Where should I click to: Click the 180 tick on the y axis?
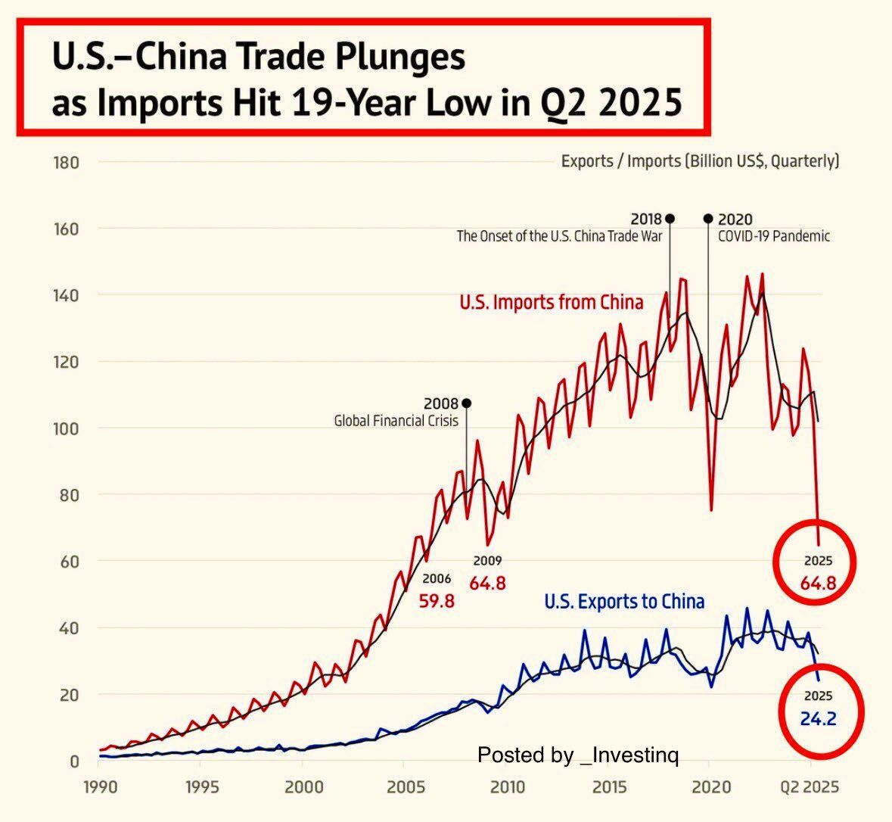point(67,162)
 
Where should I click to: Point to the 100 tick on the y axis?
point(67,428)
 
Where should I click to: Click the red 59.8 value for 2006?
point(437,602)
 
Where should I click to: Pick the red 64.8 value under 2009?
point(487,584)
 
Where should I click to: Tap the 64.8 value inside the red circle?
point(818,584)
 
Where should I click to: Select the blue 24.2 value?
point(818,718)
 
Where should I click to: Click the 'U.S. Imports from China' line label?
point(552,303)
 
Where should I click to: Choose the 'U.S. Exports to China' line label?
point(624,602)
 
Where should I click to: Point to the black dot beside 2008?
point(466,403)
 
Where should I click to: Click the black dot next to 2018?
point(670,219)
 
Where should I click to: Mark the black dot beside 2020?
point(708,219)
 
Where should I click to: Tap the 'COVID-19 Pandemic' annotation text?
point(773,236)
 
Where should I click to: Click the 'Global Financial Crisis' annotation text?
point(396,421)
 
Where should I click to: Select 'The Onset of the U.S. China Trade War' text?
point(559,236)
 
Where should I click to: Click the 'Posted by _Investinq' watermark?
point(578,755)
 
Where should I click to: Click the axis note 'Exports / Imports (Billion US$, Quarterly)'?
point(700,161)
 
